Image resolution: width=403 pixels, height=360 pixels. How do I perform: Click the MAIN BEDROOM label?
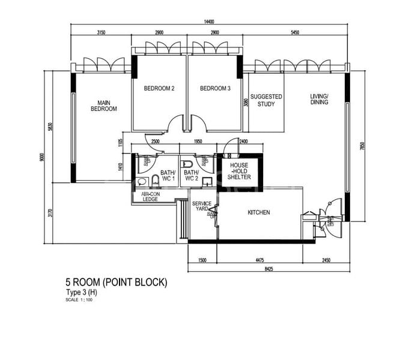(x=103, y=106)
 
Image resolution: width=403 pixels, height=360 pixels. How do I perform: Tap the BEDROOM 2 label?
(x=159, y=89)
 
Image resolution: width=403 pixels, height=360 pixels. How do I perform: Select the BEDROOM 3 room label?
(x=215, y=89)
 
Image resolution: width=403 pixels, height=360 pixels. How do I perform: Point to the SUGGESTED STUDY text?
(x=266, y=100)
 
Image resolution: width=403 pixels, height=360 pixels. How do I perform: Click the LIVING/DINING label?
(x=319, y=100)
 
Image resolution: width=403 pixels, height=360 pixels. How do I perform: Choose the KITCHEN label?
(x=259, y=212)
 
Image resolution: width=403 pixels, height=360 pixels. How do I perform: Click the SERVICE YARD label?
(x=201, y=207)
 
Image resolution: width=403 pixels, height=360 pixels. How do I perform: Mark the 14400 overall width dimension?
(x=209, y=21)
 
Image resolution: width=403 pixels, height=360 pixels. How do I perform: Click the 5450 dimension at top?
(x=295, y=32)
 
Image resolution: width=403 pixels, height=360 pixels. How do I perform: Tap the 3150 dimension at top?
(x=101, y=32)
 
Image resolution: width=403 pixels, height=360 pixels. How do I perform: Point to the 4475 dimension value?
(x=257, y=260)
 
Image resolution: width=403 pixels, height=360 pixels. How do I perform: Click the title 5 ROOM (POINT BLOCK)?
(x=116, y=282)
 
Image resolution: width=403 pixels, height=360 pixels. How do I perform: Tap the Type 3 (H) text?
(x=80, y=293)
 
